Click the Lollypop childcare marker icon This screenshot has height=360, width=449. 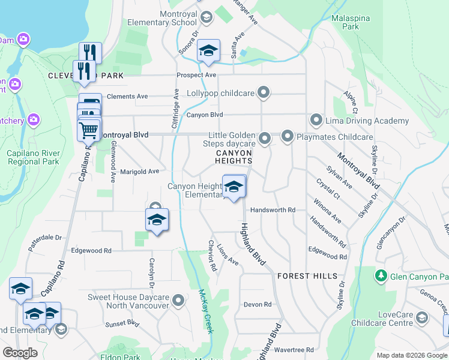[x=263, y=92]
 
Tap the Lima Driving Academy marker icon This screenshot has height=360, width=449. [x=316, y=121]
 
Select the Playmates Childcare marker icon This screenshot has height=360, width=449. [x=288, y=137]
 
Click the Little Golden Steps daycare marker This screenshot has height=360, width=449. [x=264, y=139]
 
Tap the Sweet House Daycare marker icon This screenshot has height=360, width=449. [x=178, y=301]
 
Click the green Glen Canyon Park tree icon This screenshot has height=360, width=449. [x=380, y=276]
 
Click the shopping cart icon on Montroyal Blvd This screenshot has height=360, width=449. [x=89, y=129]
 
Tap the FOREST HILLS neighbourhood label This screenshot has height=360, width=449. [x=301, y=275]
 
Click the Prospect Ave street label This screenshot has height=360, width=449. [x=196, y=75]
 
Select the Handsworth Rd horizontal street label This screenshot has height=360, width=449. [x=273, y=210]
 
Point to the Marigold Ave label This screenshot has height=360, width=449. [x=139, y=171]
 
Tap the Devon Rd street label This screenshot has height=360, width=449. [x=258, y=305]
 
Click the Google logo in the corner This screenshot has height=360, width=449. [x=20, y=353]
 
